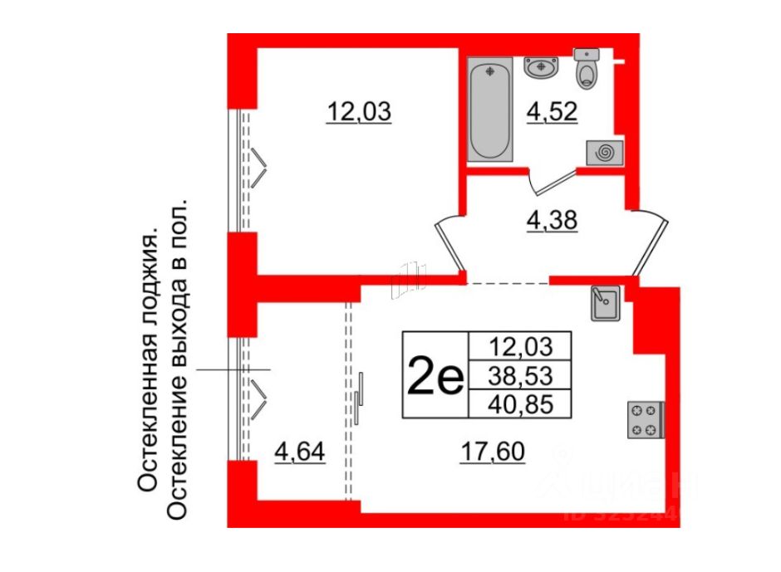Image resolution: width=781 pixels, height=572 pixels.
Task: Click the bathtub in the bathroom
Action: point(493,110)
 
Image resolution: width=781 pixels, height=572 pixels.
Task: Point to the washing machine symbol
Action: point(604,153)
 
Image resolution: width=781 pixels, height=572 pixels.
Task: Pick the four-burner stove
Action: point(646,418)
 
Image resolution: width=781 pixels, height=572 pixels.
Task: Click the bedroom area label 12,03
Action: point(358,110)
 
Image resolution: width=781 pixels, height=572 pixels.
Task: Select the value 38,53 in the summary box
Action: point(520,374)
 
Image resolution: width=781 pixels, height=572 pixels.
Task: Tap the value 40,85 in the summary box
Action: point(520,403)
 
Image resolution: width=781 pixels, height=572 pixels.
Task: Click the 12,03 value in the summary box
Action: point(520,345)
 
